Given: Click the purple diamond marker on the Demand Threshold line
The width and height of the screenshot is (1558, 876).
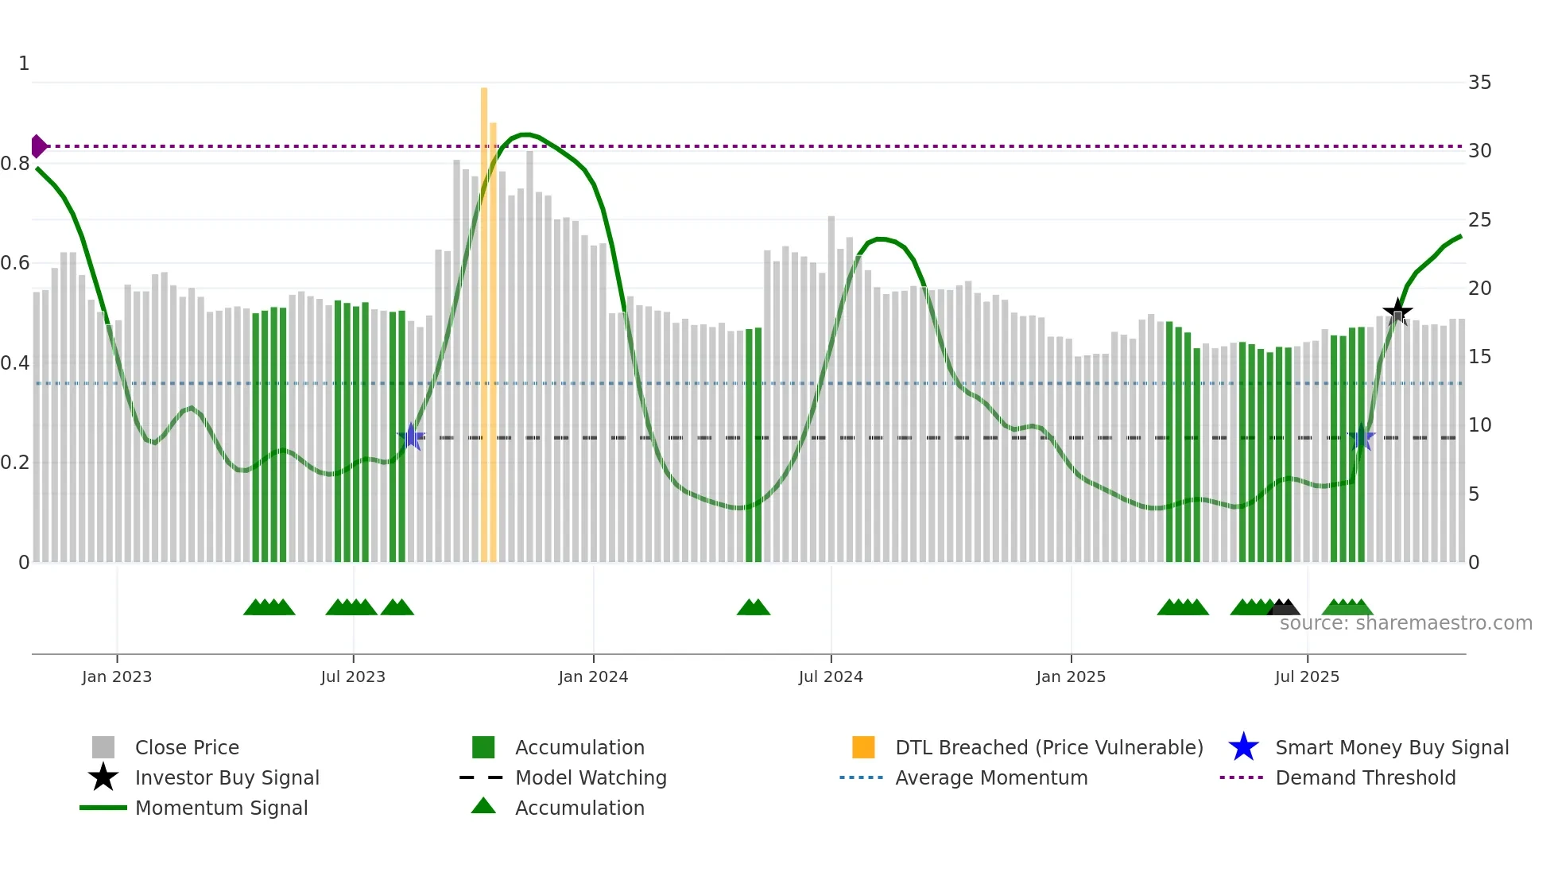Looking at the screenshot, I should click(38, 146).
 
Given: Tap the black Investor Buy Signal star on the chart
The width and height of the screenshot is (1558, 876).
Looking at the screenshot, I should click(1397, 312).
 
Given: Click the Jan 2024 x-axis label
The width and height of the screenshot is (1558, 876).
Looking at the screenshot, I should click(593, 676).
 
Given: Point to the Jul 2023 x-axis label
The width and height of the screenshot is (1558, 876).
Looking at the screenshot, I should click(353, 676).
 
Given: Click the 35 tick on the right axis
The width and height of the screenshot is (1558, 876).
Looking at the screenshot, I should click(1479, 83).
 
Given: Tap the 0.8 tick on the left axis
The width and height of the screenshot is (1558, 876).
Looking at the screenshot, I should click(15, 164).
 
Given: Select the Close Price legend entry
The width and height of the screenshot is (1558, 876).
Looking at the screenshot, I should click(187, 747).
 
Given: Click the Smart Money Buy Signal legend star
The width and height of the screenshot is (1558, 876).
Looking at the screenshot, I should click(1243, 747).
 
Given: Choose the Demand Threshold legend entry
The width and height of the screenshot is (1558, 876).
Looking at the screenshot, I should click(1365, 777).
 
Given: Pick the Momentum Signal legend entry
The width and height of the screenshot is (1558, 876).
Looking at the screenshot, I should click(221, 808).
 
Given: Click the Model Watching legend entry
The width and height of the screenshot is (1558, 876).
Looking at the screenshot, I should click(591, 777).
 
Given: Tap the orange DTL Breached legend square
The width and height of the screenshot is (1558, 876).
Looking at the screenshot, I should click(863, 747).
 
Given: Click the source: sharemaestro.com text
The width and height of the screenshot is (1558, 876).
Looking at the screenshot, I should click(1405, 623).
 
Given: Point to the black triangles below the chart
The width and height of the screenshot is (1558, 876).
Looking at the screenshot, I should click(1284, 607).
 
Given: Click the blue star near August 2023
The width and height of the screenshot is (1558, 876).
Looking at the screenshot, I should click(411, 436).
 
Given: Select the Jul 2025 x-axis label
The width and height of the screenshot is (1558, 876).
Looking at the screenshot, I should click(1307, 676).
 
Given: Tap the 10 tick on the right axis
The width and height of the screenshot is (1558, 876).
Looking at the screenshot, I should click(1479, 425).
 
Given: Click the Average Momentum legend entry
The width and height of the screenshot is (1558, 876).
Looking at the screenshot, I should click(990, 777).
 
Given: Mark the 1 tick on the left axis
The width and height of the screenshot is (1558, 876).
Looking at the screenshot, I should click(24, 64).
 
